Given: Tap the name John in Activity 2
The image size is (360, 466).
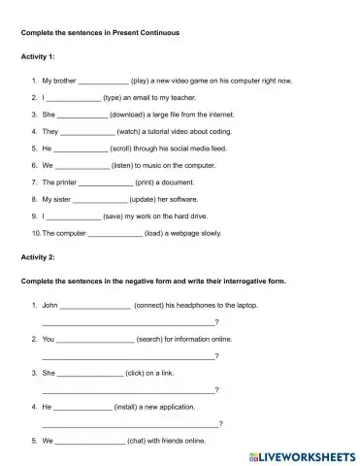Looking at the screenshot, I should (x=51, y=305).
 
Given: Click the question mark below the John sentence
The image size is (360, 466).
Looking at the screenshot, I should (x=217, y=321).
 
